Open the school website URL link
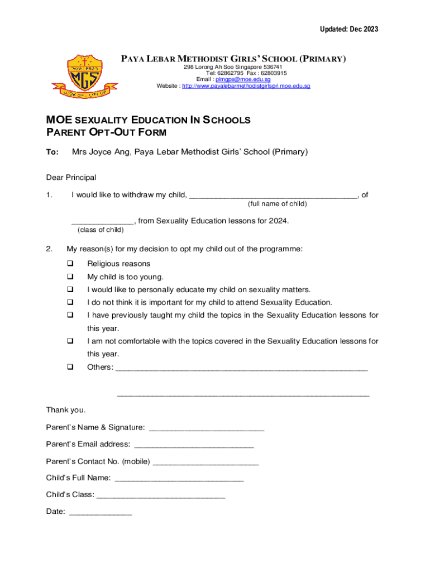[x=246, y=87]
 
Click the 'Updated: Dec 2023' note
[x=349, y=29]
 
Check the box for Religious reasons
[x=70, y=264]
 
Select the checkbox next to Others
[x=70, y=367]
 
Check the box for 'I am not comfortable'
[x=70, y=341]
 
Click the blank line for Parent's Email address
[x=194, y=446]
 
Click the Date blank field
[x=101, y=512]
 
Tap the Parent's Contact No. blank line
[x=206, y=463]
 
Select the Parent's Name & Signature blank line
[x=207, y=429]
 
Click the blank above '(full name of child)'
[x=273, y=196]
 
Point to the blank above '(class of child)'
[x=102, y=222]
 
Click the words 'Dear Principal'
[x=71, y=178]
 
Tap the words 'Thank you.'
[x=66, y=410]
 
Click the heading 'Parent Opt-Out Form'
[x=106, y=132]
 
